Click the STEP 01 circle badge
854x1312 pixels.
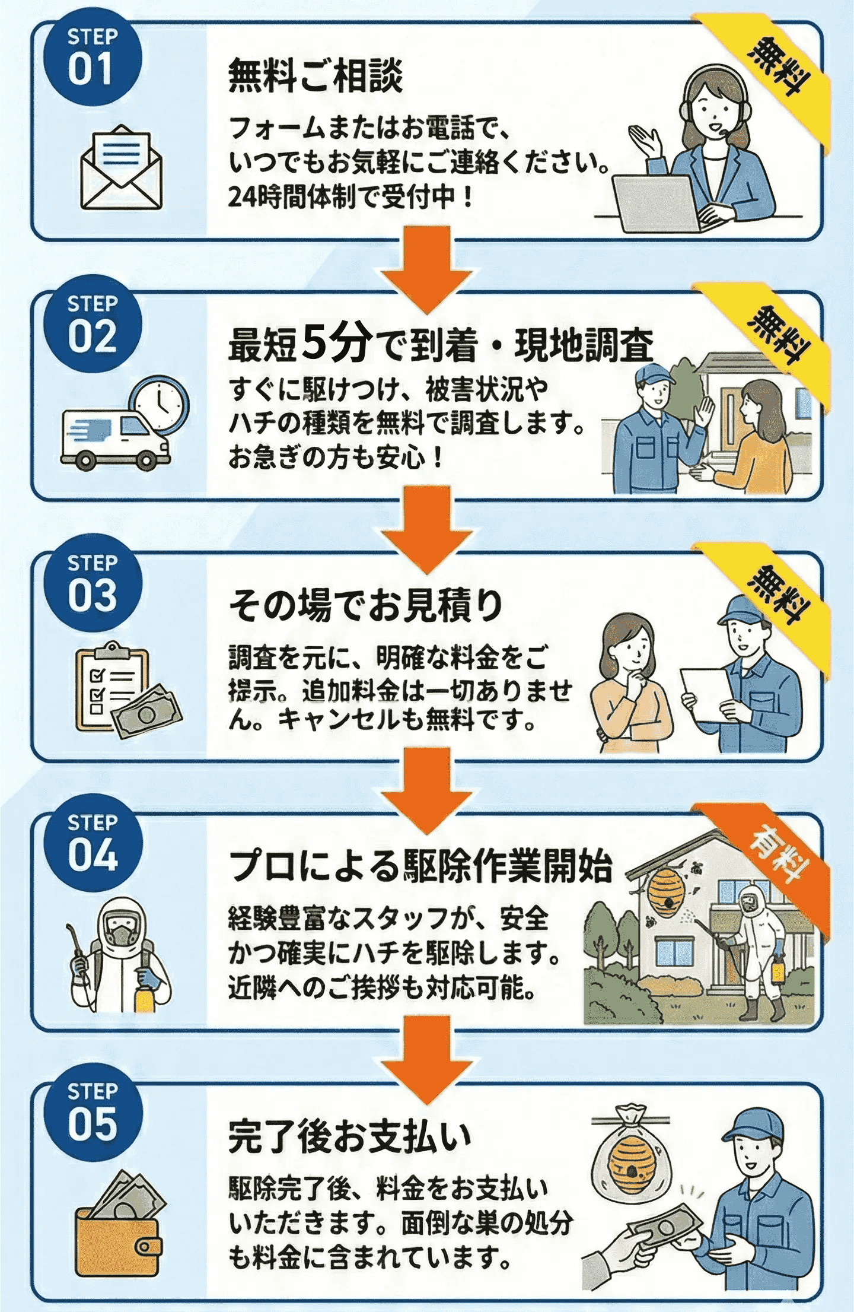(93, 58)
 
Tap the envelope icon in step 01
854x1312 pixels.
(121, 167)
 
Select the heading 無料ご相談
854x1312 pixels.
(315, 76)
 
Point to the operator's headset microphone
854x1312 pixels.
(725, 130)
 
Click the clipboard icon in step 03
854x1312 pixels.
(113, 687)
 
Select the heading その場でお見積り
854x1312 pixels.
(366, 606)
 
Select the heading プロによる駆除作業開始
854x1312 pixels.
(420, 866)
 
